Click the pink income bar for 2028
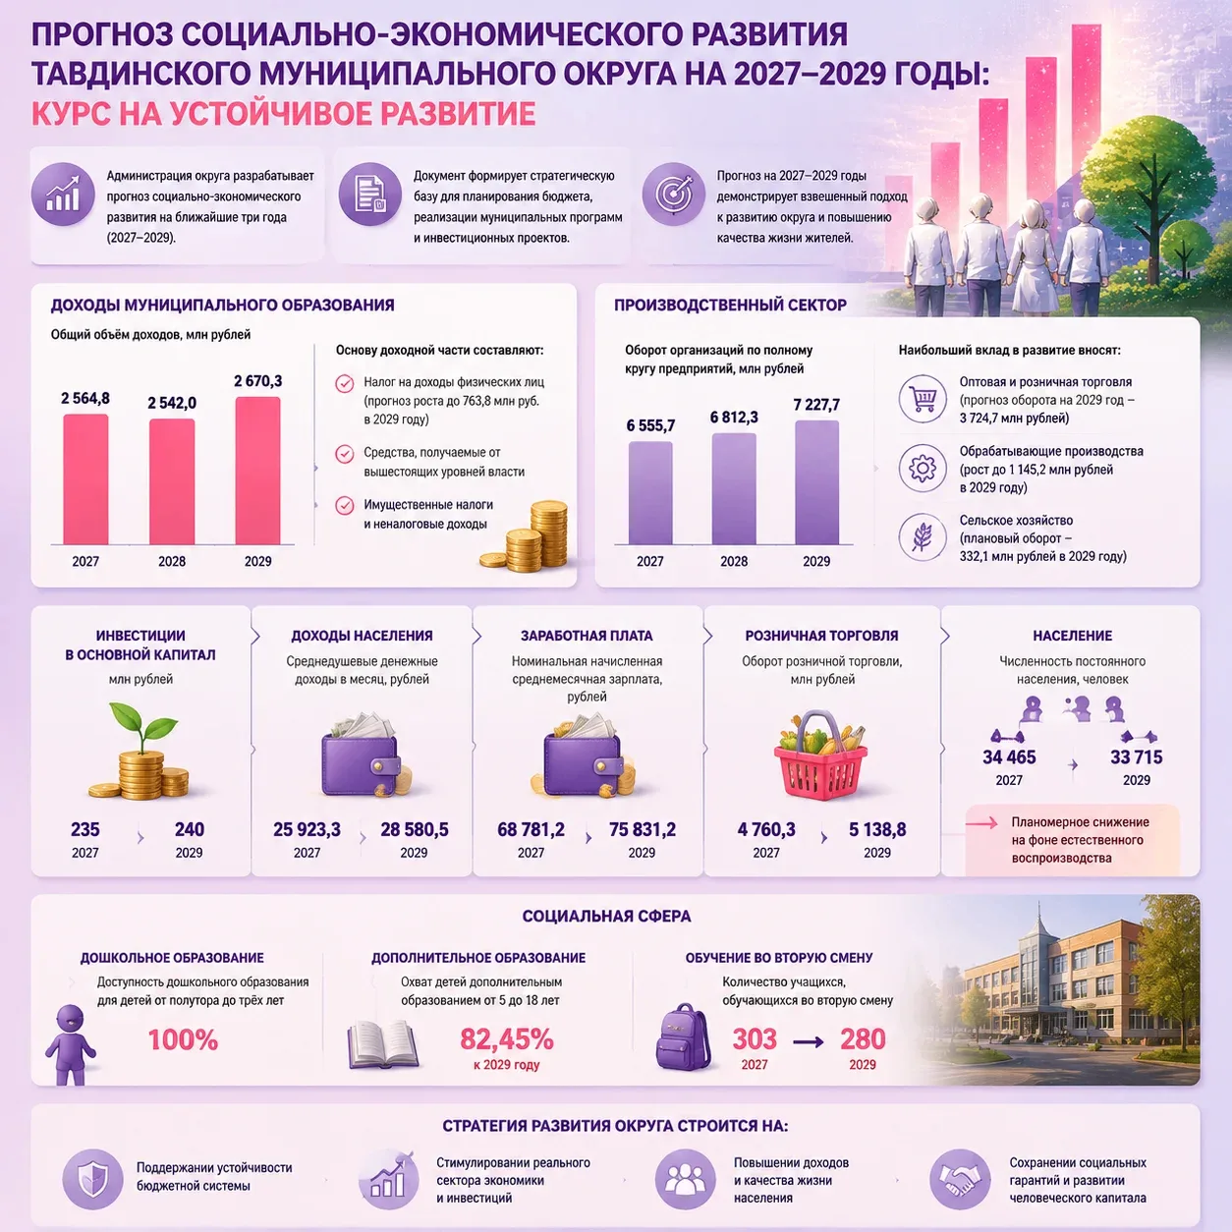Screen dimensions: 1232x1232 click(x=172, y=481)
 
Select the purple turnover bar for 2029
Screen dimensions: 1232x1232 click(x=816, y=482)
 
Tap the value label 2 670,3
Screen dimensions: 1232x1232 click(x=257, y=381)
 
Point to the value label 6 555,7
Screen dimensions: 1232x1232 click(x=650, y=425)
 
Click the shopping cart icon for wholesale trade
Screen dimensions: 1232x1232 click(x=922, y=399)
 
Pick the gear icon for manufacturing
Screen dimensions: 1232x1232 click(x=922, y=469)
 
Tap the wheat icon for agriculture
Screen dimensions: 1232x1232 click(x=922, y=537)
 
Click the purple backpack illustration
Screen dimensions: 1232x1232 click(x=684, y=1036)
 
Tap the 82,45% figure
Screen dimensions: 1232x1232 click(x=506, y=1038)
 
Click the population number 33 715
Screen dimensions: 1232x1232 click(x=1136, y=756)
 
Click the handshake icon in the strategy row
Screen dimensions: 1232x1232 click(x=960, y=1179)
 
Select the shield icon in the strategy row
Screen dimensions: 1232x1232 click(x=92, y=1179)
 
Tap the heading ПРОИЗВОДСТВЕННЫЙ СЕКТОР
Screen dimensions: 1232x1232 click(x=730, y=305)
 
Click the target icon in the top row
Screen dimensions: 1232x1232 click(x=673, y=195)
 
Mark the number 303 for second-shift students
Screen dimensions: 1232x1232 click(x=755, y=1038)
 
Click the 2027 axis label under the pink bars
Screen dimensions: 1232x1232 click(x=85, y=561)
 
